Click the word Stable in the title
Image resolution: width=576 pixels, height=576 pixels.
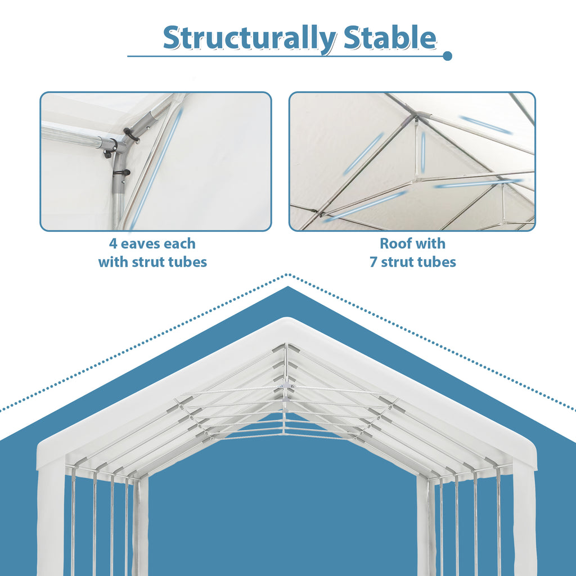coord(389,38)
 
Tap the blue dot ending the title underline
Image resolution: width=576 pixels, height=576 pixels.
coord(447,56)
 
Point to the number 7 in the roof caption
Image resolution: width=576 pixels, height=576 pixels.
coord(373,262)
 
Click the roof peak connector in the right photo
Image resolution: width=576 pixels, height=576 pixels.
coord(417,116)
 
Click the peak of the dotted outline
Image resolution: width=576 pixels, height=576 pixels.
coord(288,275)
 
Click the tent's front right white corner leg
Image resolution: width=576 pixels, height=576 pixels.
coord(524,517)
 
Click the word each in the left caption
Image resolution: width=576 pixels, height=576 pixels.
coord(180,244)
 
